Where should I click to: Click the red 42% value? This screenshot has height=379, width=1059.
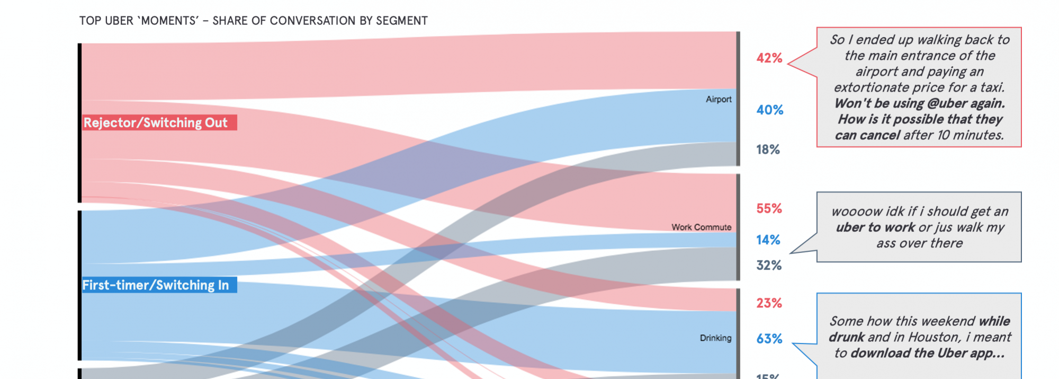tap(769, 58)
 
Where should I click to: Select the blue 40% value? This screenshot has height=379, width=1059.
tap(769, 110)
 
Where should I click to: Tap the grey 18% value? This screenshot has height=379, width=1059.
tap(768, 149)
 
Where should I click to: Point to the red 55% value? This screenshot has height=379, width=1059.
tap(769, 208)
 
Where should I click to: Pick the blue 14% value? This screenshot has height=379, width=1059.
tap(768, 240)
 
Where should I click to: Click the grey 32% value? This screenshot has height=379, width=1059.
tap(769, 265)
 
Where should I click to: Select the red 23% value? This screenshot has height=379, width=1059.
tap(769, 303)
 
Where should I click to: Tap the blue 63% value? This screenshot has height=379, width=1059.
tap(769, 339)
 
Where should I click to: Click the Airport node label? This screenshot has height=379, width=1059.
tap(719, 99)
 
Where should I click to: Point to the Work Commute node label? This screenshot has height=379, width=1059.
tap(701, 227)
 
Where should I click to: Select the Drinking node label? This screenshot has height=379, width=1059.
tap(715, 338)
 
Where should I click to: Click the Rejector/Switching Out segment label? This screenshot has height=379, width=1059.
tap(156, 122)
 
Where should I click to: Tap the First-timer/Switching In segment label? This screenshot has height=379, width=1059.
tap(156, 285)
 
